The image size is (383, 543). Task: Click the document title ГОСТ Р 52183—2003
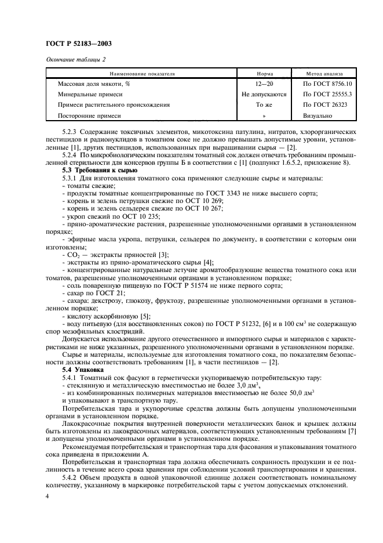[79, 44]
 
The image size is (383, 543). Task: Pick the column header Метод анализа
[324, 74]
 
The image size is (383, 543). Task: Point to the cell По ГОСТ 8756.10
[324, 84]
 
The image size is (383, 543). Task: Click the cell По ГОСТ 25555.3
[324, 94]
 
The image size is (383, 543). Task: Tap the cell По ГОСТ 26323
[324, 105]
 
